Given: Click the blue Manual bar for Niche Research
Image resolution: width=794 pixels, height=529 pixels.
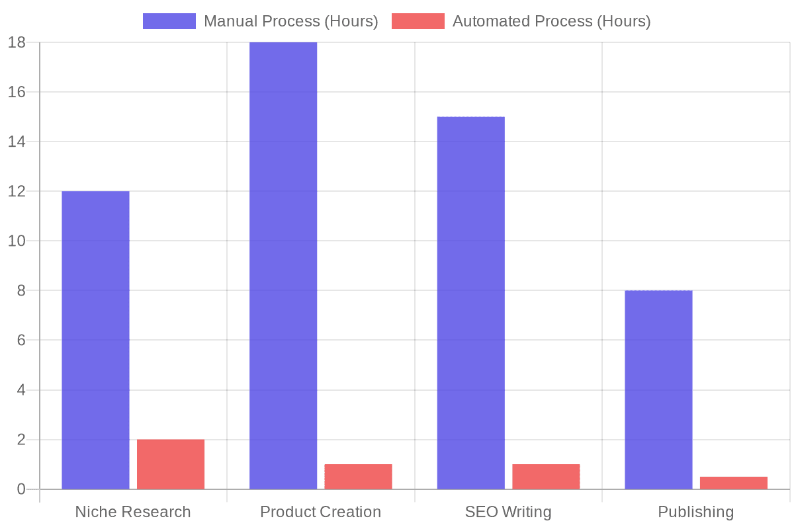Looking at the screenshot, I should click(x=95, y=340).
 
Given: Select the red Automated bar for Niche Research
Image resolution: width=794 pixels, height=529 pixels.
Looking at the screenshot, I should click(x=171, y=464).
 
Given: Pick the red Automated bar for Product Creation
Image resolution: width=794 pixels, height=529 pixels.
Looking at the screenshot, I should click(x=358, y=477).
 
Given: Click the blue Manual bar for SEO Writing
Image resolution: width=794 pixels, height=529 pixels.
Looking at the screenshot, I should click(x=470, y=303).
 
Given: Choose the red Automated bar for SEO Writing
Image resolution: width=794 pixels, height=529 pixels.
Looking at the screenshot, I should click(x=546, y=477).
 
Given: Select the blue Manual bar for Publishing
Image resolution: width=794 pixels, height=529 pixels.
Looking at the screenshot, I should click(x=658, y=389).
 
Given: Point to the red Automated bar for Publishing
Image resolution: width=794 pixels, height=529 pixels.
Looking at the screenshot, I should click(x=733, y=483).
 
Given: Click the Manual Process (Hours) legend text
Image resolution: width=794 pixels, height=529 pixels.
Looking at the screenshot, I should click(x=290, y=21).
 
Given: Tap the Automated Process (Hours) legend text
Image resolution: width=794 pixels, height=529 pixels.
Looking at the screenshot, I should click(x=551, y=21).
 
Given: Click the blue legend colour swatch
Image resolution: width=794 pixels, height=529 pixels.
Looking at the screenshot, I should click(x=169, y=21).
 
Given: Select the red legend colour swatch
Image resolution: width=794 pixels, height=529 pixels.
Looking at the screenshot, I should click(x=418, y=21).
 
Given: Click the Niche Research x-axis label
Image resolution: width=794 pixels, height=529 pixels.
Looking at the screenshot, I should click(x=133, y=512).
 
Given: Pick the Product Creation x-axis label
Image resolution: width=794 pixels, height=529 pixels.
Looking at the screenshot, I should click(x=320, y=512).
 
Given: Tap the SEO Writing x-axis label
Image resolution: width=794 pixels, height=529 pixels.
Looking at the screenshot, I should click(x=508, y=512).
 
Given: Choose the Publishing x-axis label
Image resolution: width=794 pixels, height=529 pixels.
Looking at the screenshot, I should click(x=695, y=512).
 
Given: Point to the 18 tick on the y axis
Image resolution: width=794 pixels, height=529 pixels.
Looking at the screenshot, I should click(x=17, y=42).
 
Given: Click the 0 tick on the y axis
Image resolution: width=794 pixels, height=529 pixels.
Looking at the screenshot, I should click(x=21, y=489).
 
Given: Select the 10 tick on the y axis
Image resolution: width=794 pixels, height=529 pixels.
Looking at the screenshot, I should click(x=17, y=241).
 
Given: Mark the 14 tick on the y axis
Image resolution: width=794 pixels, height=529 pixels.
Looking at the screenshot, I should click(x=17, y=142).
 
